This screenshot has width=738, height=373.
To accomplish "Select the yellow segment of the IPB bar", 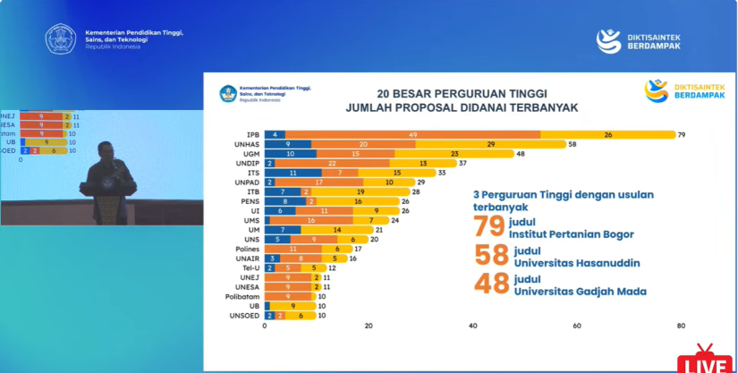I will click(607, 135).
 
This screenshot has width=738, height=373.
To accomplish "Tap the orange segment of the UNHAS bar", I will click(363, 144).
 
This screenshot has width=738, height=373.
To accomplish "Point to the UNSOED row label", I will click(244, 316).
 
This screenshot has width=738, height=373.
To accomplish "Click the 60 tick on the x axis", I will click(577, 326).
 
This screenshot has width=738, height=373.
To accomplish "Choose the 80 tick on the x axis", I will click(681, 326).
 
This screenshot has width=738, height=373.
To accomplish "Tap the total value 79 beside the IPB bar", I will click(682, 135).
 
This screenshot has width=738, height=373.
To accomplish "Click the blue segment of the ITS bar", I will click(293, 173).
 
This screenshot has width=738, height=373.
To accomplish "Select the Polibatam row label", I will click(242, 296).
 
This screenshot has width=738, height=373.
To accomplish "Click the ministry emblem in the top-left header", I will click(61, 38).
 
